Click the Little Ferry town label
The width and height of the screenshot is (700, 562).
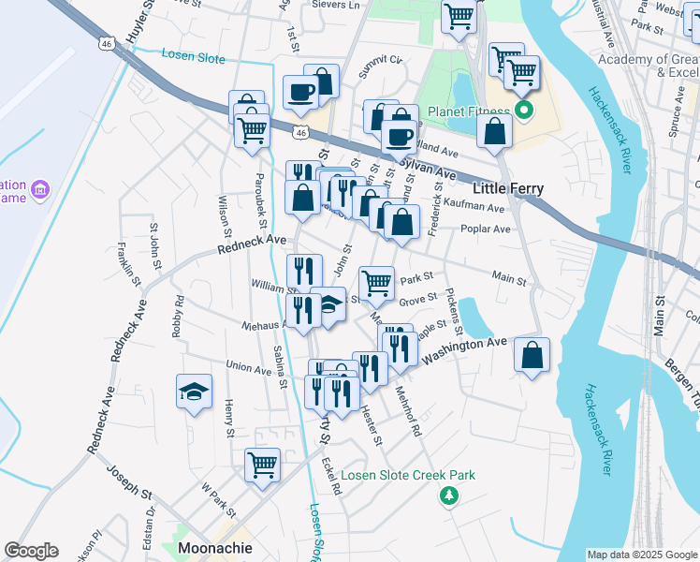click(507, 188)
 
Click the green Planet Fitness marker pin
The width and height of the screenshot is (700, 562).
click(525, 112)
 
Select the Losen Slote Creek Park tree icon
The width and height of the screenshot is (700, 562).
click(450, 495)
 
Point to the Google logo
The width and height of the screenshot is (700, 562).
click(31, 551)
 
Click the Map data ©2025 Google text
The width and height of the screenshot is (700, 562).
click(641, 555)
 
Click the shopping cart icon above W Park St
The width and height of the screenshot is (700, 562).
click(262, 464)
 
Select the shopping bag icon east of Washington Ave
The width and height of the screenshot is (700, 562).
click(532, 355)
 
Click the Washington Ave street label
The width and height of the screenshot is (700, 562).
click(463, 351)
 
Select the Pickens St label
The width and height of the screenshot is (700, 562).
click(454, 311)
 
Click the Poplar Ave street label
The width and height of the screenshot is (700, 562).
click(486, 229)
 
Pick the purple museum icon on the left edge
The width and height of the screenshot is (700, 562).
click(39, 191)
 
